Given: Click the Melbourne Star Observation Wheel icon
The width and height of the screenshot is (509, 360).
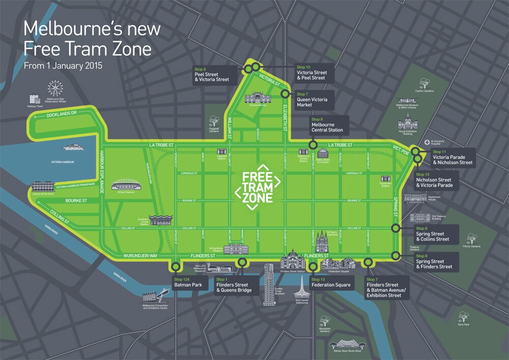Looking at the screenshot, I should pyautogui.click(x=54, y=88).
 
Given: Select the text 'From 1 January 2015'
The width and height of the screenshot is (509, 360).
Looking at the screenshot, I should pyautogui.click(x=63, y=66).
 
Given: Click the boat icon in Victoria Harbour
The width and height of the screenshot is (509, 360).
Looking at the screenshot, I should pyautogui.click(x=76, y=148).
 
